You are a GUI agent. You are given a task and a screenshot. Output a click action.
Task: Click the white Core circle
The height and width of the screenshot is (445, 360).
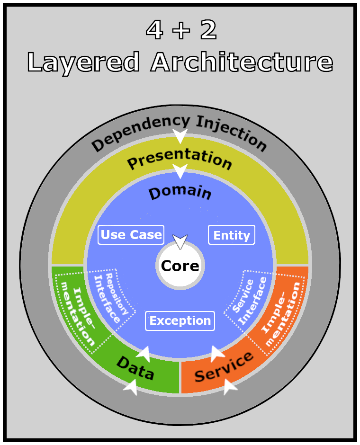[180, 266]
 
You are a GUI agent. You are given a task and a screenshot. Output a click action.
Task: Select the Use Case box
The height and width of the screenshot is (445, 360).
[131, 235]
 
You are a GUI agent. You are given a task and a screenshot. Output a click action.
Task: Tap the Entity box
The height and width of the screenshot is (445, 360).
[232, 235]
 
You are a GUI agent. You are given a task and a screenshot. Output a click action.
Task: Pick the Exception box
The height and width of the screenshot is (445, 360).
[180, 321]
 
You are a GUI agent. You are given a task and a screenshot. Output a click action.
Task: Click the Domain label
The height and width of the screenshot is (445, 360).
[180, 193]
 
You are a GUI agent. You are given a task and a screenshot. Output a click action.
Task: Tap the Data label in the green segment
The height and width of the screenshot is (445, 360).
[135, 369]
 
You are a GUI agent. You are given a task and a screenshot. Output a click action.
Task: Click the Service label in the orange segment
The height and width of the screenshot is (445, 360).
[225, 367]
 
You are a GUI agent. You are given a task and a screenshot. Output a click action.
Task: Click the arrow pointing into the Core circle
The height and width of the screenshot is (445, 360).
[180, 241]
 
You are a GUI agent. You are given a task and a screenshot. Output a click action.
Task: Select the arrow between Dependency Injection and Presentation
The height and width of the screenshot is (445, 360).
[180, 135]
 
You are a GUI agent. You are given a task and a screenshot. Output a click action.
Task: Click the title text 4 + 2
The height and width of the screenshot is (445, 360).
[181, 31]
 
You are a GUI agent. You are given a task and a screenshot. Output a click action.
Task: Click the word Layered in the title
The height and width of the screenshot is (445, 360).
[83, 62]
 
